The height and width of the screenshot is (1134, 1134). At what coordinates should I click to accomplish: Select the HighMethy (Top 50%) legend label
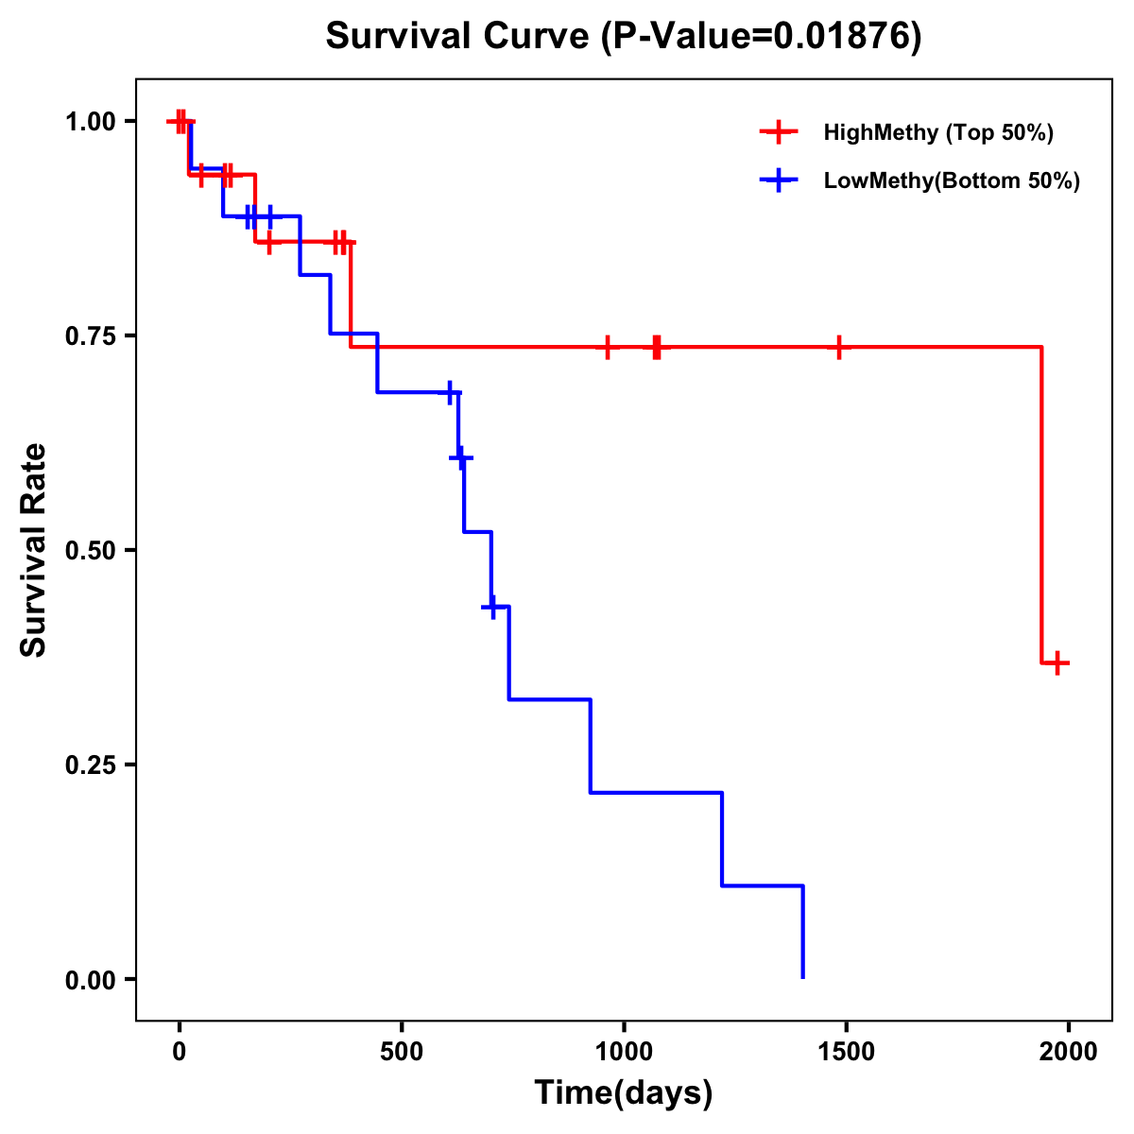[938, 132]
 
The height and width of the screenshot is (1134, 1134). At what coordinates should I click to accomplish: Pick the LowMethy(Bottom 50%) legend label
[952, 180]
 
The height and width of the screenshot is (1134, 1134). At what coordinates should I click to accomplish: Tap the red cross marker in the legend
[779, 132]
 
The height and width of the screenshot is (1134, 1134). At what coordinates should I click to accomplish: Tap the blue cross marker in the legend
[779, 180]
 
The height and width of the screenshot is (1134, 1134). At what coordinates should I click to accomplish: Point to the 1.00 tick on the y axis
[91, 122]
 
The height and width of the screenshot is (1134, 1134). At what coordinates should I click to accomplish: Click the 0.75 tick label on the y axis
[91, 336]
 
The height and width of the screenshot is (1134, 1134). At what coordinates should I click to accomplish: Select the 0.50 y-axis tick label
[91, 551]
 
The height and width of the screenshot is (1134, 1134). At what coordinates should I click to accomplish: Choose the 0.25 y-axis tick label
[91, 765]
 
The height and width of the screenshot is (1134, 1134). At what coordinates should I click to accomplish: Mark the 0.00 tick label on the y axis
[91, 980]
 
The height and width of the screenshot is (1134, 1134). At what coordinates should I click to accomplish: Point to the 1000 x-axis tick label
[624, 1052]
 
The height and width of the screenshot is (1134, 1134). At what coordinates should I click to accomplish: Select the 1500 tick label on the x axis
[846, 1052]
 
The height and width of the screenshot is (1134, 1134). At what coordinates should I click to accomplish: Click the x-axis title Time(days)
[624, 1093]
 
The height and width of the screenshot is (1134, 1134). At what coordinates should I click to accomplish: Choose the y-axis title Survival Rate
[34, 550]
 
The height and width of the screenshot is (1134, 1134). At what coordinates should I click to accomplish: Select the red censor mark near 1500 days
[838, 348]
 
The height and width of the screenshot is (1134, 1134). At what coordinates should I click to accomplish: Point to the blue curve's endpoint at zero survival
[803, 977]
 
